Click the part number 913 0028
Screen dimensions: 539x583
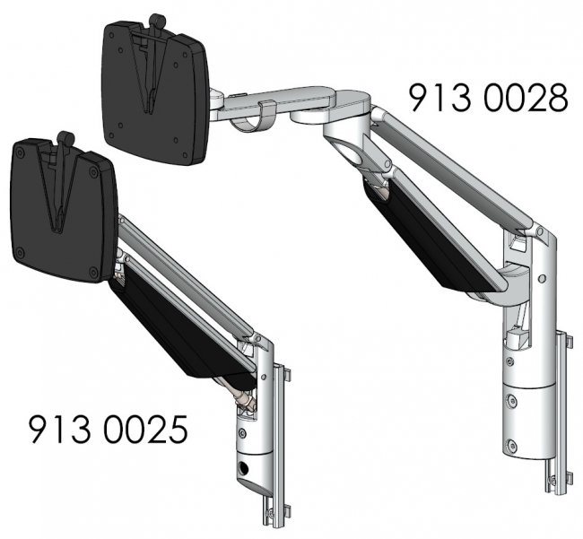click(488, 98)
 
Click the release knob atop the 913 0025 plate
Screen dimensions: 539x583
click(65, 138)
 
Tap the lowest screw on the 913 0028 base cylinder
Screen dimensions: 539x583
click(511, 444)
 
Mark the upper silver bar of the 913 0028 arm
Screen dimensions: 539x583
click(457, 166)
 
